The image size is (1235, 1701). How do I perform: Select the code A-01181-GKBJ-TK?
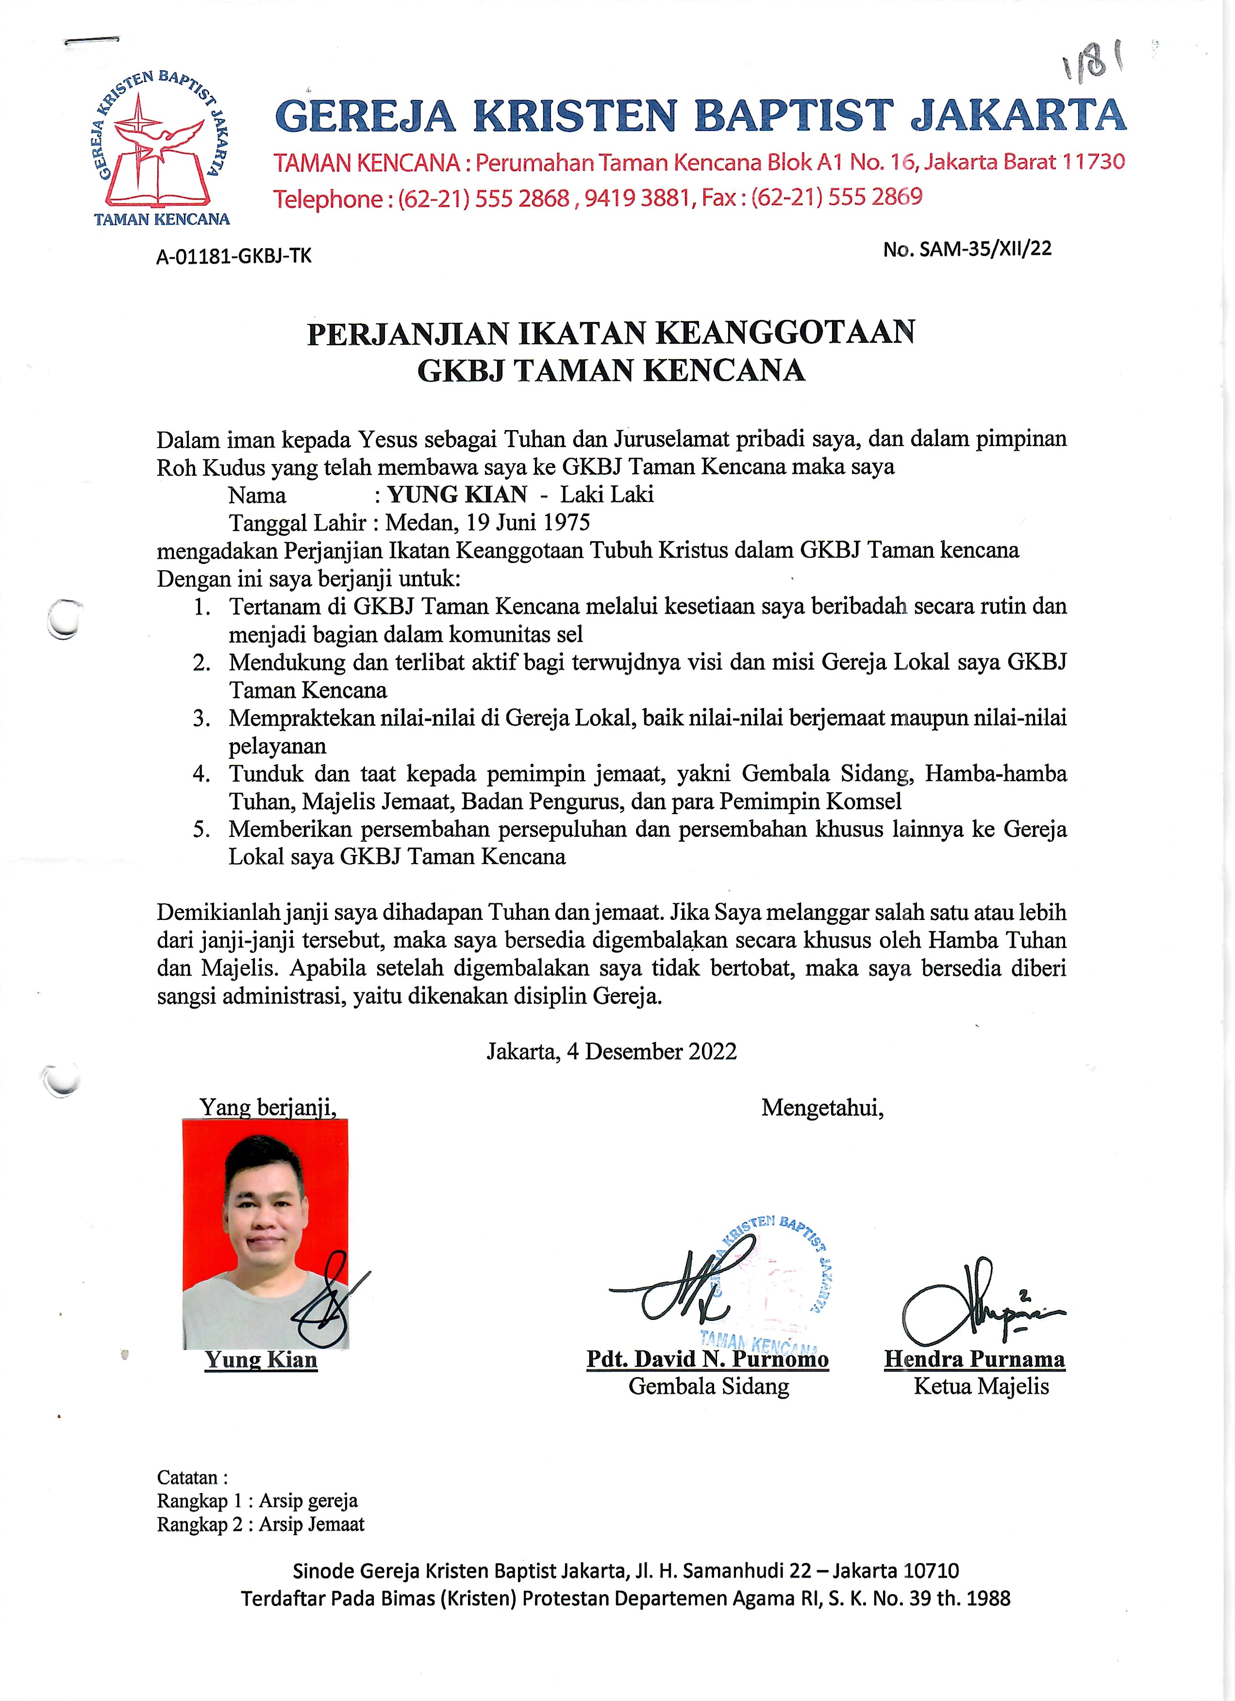[x=233, y=256]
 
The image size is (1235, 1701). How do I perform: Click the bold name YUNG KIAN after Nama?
[x=457, y=495]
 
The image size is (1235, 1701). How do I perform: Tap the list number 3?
[x=201, y=718]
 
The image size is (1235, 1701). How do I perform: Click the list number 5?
[x=201, y=830]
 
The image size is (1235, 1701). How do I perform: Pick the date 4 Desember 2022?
[x=651, y=1051]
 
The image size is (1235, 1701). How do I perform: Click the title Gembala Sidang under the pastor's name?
[x=709, y=1386]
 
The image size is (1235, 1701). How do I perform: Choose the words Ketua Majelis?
[x=981, y=1386]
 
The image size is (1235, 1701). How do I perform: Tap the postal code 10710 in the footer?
[x=931, y=1570]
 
